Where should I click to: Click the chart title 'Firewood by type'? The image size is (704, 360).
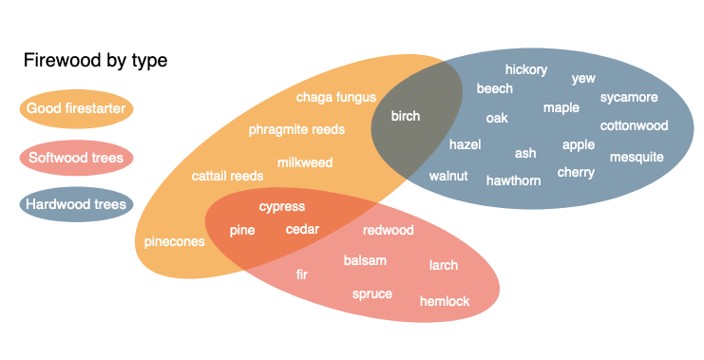pyautogui.click(x=95, y=61)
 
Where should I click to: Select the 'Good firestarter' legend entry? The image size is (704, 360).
pyautogui.click(x=76, y=108)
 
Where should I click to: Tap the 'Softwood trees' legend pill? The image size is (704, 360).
pyautogui.click(x=76, y=157)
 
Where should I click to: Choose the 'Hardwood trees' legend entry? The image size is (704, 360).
pyautogui.click(x=76, y=203)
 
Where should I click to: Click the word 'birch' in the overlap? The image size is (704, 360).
pyautogui.click(x=406, y=117)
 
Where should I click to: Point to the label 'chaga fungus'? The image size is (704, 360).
pyautogui.click(x=336, y=97)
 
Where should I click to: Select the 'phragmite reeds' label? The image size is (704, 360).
pyautogui.click(x=296, y=129)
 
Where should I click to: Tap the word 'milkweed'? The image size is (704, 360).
pyautogui.click(x=305, y=162)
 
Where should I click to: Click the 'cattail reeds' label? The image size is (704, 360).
pyautogui.click(x=228, y=176)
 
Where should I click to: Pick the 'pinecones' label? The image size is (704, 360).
pyautogui.click(x=175, y=241)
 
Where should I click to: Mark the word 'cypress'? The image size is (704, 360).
pyautogui.click(x=282, y=206)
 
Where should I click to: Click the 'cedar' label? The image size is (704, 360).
pyautogui.click(x=302, y=229)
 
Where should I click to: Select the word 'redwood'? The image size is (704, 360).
pyautogui.click(x=389, y=230)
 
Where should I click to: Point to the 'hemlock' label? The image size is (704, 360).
pyautogui.click(x=445, y=301)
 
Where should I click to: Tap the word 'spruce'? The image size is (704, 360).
pyautogui.click(x=372, y=294)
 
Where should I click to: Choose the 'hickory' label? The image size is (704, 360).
pyautogui.click(x=526, y=69)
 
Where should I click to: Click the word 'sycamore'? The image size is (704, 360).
pyautogui.click(x=629, y=97)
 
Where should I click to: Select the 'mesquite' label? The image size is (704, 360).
pyautogui.click(x=637, y=157)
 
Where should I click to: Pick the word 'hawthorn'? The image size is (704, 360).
pyautogui.click(x=513, y=180)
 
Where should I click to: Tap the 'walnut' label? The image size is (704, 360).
pyautogui.click(x=448, y=176)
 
